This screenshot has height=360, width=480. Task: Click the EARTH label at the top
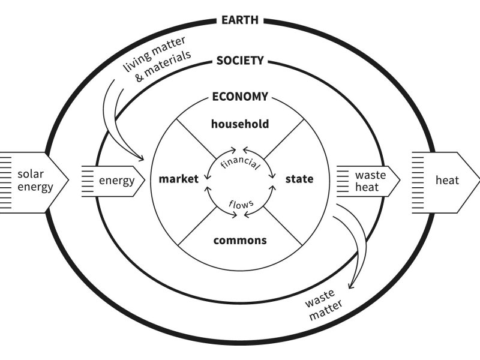(239, 20)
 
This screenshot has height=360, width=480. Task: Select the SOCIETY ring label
(239, 61)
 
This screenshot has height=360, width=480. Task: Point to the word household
(239, 124)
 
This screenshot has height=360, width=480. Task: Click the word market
(178, 179)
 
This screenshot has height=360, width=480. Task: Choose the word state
(299, 179)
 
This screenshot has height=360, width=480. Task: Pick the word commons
(239, 240)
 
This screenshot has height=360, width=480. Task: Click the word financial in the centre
(240, 161)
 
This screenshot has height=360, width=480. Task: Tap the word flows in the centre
(240, 203)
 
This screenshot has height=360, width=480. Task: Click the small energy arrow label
(117, 180)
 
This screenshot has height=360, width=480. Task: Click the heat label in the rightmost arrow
(446, 181)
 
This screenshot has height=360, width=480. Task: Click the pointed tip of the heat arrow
(479, 180)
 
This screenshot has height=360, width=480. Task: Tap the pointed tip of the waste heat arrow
(400, 180)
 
